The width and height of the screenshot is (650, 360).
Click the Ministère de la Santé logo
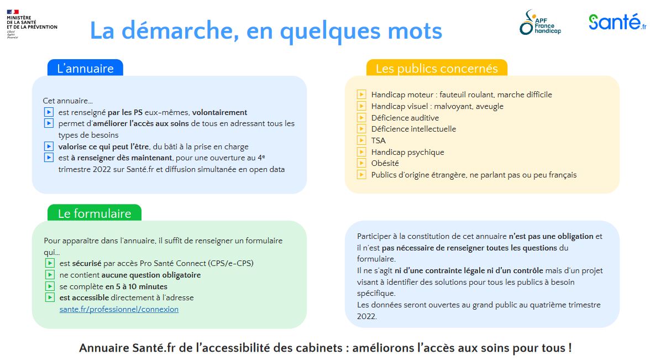coord(32,23)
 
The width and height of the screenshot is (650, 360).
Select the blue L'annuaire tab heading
coord(85,69)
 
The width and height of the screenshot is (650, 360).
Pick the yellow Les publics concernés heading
coord(437,69)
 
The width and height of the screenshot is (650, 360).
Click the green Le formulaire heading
coord(95,213)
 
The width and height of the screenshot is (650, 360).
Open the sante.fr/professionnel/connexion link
coord(119,309)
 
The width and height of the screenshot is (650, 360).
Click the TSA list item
coord(379,140)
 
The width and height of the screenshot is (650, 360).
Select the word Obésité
coord(385,163)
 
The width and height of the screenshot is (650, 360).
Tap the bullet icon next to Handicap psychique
coord(361,152)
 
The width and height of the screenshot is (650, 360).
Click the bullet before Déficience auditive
coord(361,118)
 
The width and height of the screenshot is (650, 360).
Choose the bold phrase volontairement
coord(219,112)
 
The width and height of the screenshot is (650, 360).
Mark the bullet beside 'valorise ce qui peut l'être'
coord(49,147)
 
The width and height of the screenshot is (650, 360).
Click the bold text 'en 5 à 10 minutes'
coord(136,286)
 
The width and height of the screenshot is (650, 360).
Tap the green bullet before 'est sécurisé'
coord(50,263)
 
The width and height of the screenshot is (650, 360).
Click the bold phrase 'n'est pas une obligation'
coord(551,236)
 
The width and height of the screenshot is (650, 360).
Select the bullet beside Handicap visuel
coord(361,106)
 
